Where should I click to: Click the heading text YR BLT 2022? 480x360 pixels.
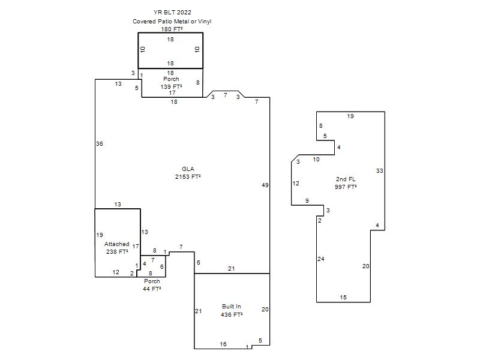172,12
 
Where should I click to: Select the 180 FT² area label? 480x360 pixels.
172,29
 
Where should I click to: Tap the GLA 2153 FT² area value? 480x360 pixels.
188,176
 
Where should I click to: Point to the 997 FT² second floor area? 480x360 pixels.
346,187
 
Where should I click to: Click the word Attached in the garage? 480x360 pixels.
116,244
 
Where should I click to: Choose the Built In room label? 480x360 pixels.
232,307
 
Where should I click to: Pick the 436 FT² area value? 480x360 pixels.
232,314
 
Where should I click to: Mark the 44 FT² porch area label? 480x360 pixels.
152,289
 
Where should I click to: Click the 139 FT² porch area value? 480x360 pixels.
171,86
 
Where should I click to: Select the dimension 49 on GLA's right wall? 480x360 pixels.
265,185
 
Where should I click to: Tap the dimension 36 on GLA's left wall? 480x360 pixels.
100,143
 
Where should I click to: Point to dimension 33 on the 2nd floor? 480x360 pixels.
380,171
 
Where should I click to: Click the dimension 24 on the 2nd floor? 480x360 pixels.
321,259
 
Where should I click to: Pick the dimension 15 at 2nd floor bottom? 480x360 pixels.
343,297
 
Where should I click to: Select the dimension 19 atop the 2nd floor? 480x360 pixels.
350,116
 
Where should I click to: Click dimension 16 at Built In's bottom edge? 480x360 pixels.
223,344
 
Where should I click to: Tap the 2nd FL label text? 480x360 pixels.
346,179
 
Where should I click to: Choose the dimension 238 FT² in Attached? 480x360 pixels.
117,251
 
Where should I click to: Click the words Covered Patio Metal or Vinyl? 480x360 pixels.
172,22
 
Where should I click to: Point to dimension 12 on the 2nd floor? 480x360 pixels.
296,184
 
